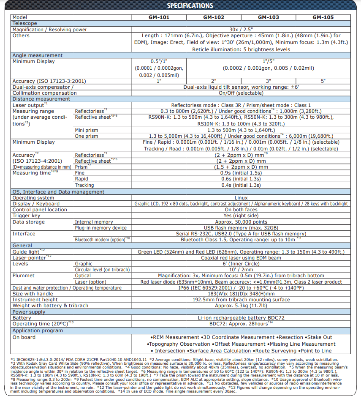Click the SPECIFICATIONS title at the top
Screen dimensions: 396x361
point(190,5)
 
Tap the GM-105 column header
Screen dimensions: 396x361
point(323,17)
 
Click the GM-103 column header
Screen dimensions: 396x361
point(268,17)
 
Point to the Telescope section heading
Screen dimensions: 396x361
point(24,24)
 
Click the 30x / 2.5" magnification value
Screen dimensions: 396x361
point(241,30)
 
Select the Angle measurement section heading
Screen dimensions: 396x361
point(38,55)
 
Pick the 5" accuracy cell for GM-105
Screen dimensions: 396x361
point(323,81)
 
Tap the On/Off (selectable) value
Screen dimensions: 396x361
point(241,93)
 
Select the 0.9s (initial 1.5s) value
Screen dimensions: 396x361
point(241,173)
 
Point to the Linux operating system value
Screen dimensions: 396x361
point(241,198)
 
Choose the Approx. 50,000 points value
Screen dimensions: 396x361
point(241,222)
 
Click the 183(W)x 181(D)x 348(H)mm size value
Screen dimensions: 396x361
point(241,294)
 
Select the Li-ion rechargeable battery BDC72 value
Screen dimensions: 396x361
point(241,317)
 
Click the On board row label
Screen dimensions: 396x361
point(24,337)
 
